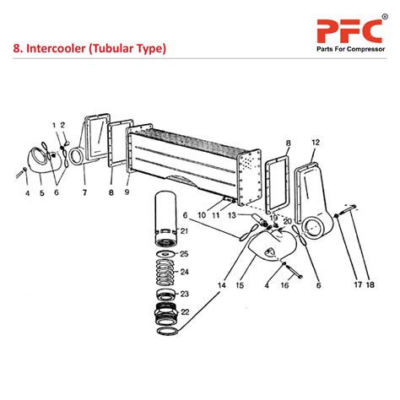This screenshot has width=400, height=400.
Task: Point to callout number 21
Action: (x=184, y=231)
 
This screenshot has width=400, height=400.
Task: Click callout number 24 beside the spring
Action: (x=184, y=272)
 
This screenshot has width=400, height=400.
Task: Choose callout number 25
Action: (x=184, y=254)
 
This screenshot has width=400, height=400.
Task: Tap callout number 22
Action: (x=184, y=312)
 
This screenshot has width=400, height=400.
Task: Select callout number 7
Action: (x=84, y=192)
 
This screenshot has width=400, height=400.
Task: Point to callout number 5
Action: (x=41, y=192)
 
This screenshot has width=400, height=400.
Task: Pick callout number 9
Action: (x=127, y=192)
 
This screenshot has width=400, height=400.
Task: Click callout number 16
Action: (x=284, y=286)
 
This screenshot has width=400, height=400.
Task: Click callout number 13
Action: (x=231, y=216)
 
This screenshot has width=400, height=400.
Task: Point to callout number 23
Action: (x=184, y=295)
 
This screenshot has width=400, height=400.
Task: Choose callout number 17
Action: (x=357, y=284)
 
